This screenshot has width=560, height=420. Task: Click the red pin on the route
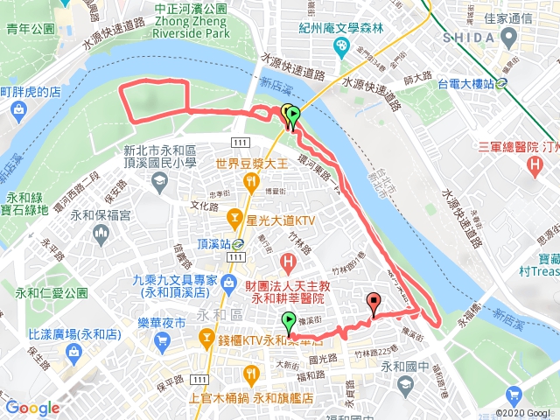375,304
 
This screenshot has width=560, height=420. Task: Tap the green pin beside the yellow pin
293,115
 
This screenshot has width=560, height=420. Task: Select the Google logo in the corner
32,408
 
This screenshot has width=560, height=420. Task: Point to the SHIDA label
472,38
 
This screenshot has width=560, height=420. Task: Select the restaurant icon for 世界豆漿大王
252,182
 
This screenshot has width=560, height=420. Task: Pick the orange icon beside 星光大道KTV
234,216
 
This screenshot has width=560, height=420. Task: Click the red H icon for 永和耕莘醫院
287,262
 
